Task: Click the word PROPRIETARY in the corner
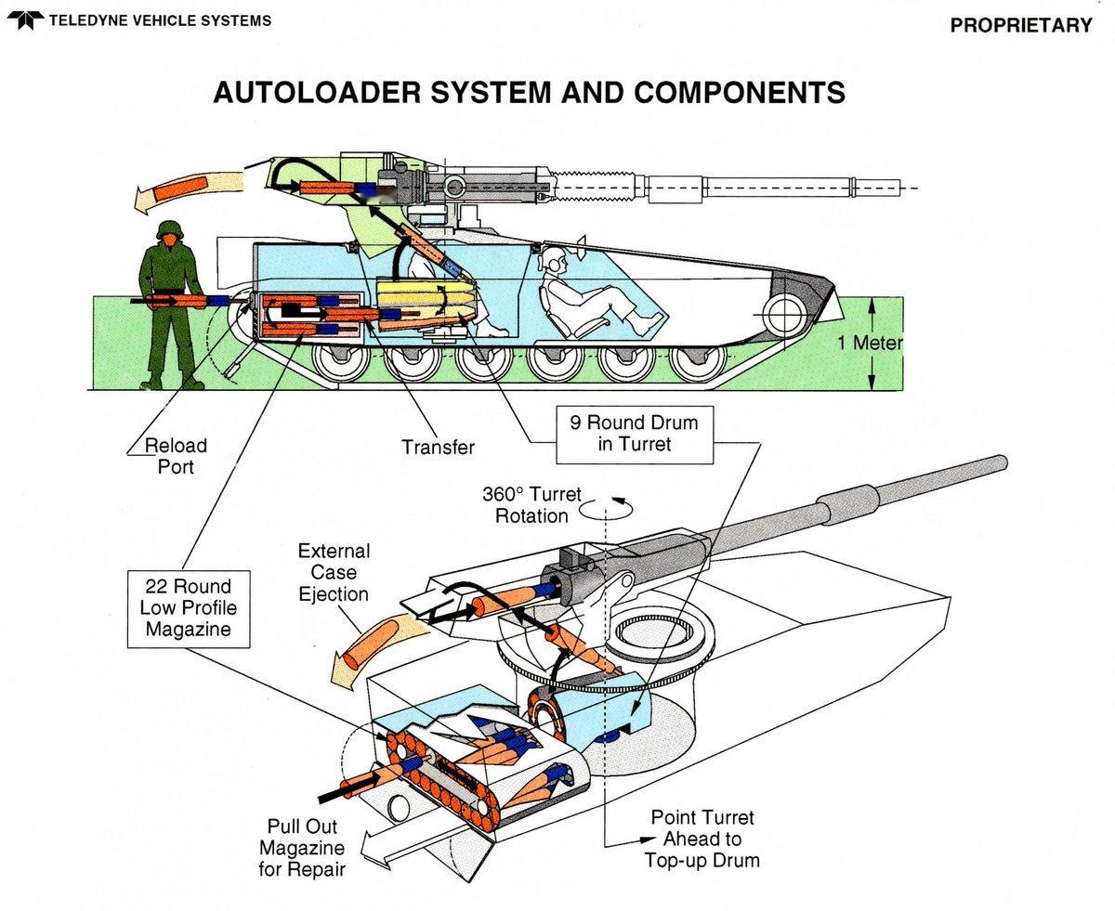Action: [x=1020, y=26]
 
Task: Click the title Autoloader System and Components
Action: [x=529, y=93]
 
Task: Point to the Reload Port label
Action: [x=175, y=456]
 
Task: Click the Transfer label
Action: [x=438, y=448]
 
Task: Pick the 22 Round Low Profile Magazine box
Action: [x=188, y=609]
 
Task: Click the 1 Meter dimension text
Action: [x=870, y=344]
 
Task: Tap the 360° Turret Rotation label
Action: [x=531, y=504]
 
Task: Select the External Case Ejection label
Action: [x=334, y=573]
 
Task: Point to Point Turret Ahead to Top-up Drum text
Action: [x=702, y=839]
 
